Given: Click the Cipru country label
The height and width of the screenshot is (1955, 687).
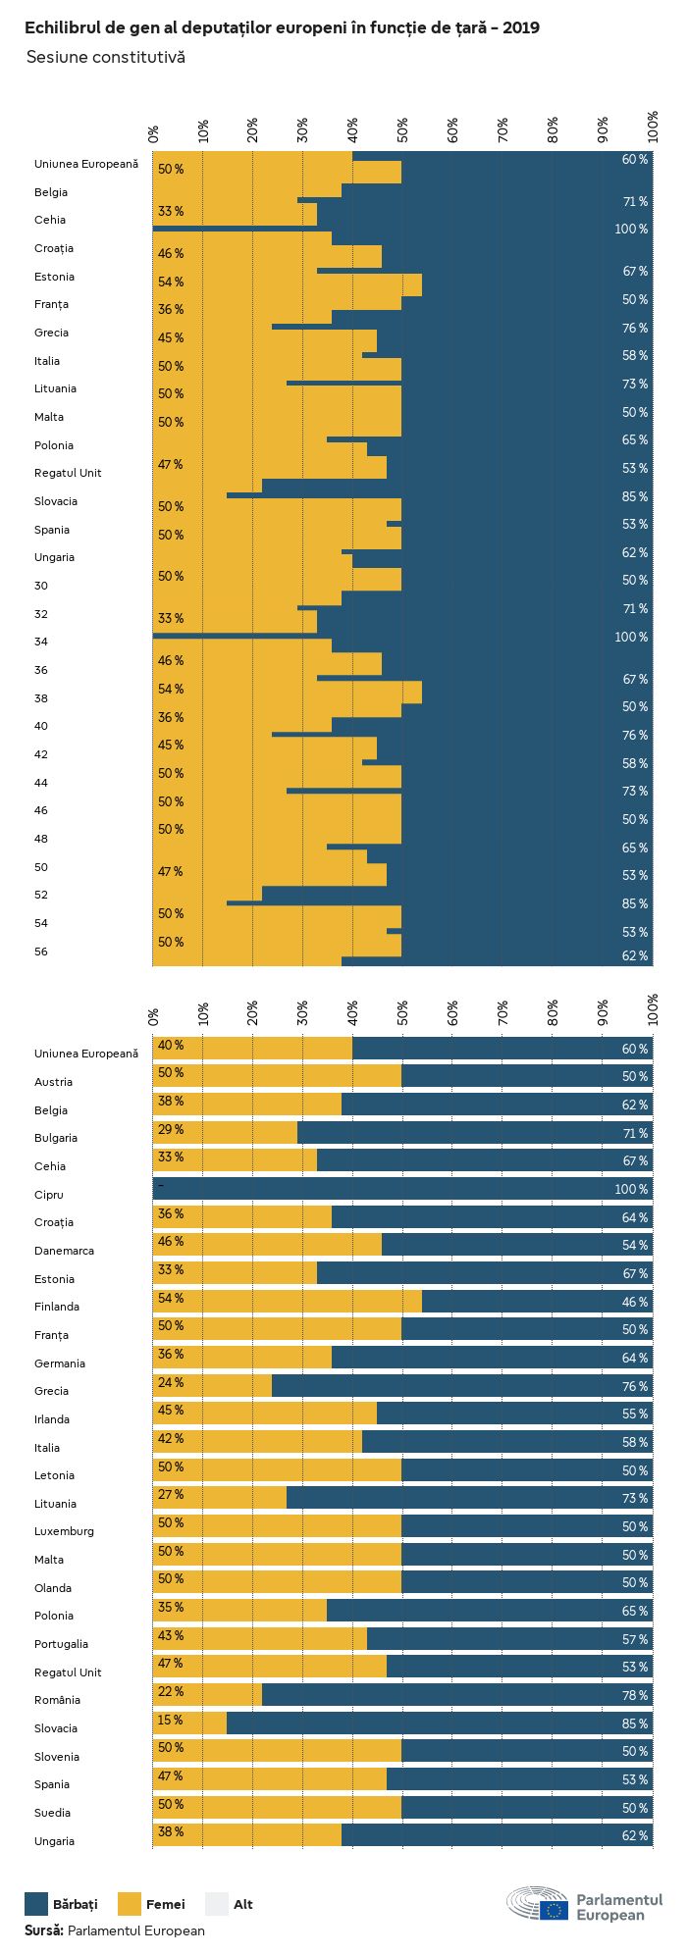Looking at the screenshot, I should [x=48, y=1195].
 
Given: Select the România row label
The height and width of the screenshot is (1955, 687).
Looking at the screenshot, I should [x=56, y=1700].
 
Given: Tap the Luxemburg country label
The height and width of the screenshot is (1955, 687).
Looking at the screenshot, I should [x=64, y=1531].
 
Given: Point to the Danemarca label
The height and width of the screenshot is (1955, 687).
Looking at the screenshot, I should [x=64, y=1251].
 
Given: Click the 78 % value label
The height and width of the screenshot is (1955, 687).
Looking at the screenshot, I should [x=634, y=1695].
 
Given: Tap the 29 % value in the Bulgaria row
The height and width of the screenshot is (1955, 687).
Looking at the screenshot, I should [x=171, y=1129].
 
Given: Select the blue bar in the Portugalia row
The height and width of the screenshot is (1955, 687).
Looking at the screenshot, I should [x=510, y=1639].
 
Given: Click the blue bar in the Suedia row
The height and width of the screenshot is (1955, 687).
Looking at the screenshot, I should [x=530, y=1808].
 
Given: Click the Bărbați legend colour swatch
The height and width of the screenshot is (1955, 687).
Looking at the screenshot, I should [x=36, y=1904].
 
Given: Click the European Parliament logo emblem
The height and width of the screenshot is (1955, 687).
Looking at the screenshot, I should [x=538, y=1904].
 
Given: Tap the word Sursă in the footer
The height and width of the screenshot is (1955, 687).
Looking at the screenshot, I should [x=44, y=1930].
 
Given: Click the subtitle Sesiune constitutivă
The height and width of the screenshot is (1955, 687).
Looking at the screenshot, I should [x=105, y=57].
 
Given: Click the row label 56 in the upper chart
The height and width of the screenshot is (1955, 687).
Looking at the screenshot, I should [x=40, y=952].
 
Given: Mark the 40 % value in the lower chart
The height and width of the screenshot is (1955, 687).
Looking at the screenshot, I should [x=171, y=1045].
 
